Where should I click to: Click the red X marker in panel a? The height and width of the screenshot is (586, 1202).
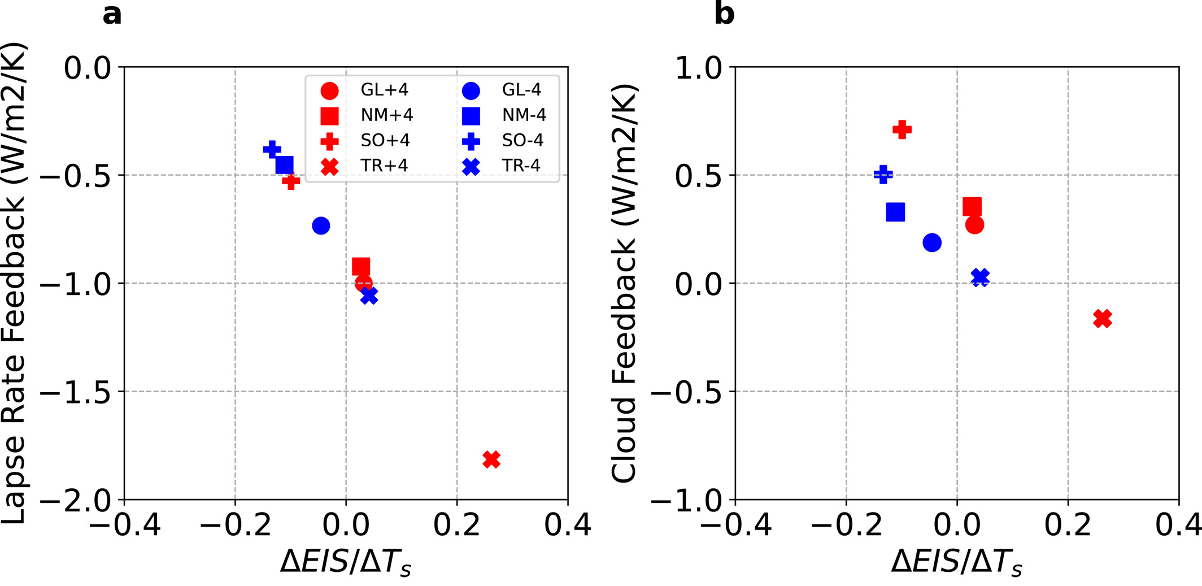(491, 459)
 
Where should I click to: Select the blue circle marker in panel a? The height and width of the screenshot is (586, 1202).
(321, 226)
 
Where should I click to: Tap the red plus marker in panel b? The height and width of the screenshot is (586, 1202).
(902, 129)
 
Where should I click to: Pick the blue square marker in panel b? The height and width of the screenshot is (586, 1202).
(895, 212)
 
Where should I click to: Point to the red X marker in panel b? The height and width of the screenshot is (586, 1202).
(1102, 319)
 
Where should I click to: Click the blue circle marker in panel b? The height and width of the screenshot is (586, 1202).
(932, 243)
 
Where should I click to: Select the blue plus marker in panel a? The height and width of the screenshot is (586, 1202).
(272, 150)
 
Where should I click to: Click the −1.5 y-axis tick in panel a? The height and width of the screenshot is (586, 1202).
(75, 392)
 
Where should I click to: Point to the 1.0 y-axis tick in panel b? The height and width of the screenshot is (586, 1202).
(698, 68)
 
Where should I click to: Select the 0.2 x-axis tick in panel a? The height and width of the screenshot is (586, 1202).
(456, 525)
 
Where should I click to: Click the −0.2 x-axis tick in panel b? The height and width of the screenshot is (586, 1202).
(846, 525)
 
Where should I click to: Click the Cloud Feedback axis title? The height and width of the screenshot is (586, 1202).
(625, 283)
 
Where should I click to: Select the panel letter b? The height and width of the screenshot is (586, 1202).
(724, 14)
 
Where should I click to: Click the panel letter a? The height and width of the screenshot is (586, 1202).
(112, 14)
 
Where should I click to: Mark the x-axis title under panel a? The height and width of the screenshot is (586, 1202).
(346, 562)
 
